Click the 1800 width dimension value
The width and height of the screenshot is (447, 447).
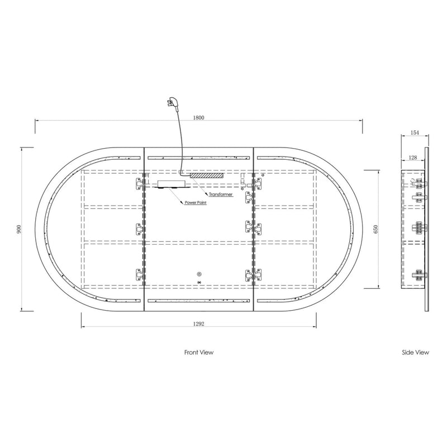coord(199,117)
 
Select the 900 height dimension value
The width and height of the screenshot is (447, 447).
coord(19,229)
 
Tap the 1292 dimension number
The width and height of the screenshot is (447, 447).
coord(199,324)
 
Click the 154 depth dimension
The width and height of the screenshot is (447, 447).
coord(415,132)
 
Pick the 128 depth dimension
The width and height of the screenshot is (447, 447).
coord(413,158)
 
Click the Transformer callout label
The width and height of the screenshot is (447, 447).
coord(221,194)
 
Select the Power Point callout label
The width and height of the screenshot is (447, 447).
coord(196,202)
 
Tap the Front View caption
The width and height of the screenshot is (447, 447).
coord(199,353)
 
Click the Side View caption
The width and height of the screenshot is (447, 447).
coord(415,353)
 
